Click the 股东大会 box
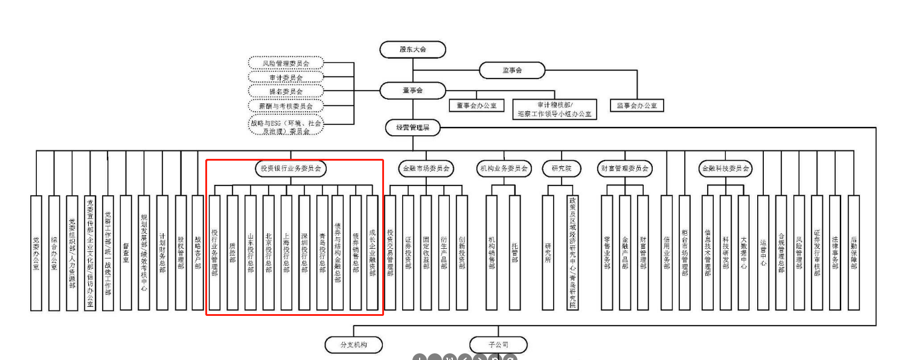pyautogui.click(x=412, y=50)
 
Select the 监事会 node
pyautogui.click(x=511, y=70)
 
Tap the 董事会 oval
pyautogui.click(x=412, y=91)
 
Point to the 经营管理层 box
pyautogui.click(x=412, y=127)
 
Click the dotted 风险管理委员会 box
pyautogui.click(x=286, y=63)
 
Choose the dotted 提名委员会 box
pyautogui.click(x=286, y=91)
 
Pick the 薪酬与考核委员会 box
pyautogui.click(x=286, y=106)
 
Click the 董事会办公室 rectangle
pyautogui.click(x=476, y=106)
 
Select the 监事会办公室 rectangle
pyautogui.click(x=636, y=106)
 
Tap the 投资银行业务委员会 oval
pyautogui.click(x=290, y=169)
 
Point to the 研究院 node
pyautogui.click(x=560, y=169)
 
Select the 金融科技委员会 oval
pyautogui.click(x=725, y=169)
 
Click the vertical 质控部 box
pyautogui.click(x=232, y=252)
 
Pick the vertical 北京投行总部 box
pyautogui.click(x=268, y=252)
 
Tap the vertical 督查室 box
pyautogui.click(x=126, y=252)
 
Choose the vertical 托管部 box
pyautogui.click(x=514, y=252)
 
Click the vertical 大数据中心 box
pyautogui.click(x=743, y=252)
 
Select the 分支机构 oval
pyautogui.click(x=354, y=345)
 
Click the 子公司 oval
pyautogui.click(x=498, y=345)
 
